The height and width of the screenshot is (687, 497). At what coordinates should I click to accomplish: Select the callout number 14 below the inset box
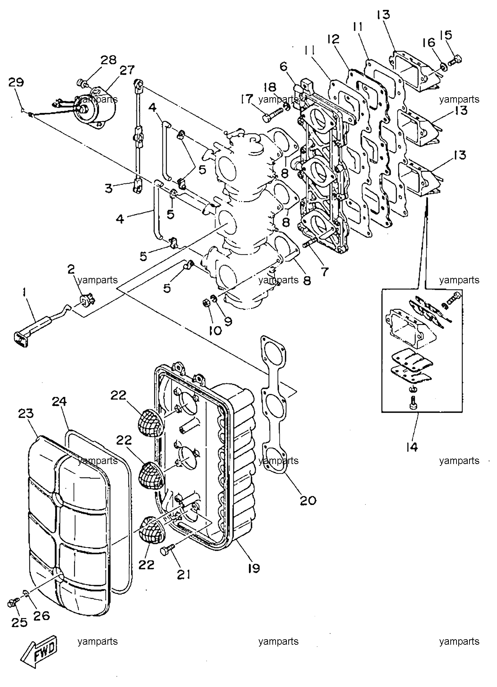[x=412, y=447]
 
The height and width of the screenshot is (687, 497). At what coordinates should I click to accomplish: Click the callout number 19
[x=254, y=568]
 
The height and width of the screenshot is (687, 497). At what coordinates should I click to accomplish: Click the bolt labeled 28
[x=82, y=83]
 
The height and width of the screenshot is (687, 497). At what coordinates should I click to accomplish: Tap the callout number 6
[x=283, y=66]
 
